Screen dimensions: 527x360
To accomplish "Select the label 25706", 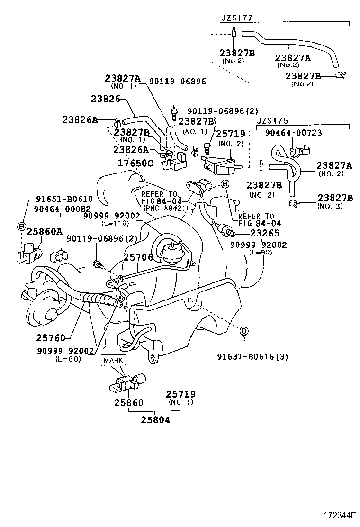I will click(x=138, y=257).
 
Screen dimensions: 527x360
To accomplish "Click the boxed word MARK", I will click(x=113, y=360).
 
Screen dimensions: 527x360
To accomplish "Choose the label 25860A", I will click(x=44, y=231).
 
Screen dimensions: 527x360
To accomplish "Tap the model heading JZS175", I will click(x=272, y=121).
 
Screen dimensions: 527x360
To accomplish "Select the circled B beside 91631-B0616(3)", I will click(x=243, y=331).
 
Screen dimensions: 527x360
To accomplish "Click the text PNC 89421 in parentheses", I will click(x=162, y=208).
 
